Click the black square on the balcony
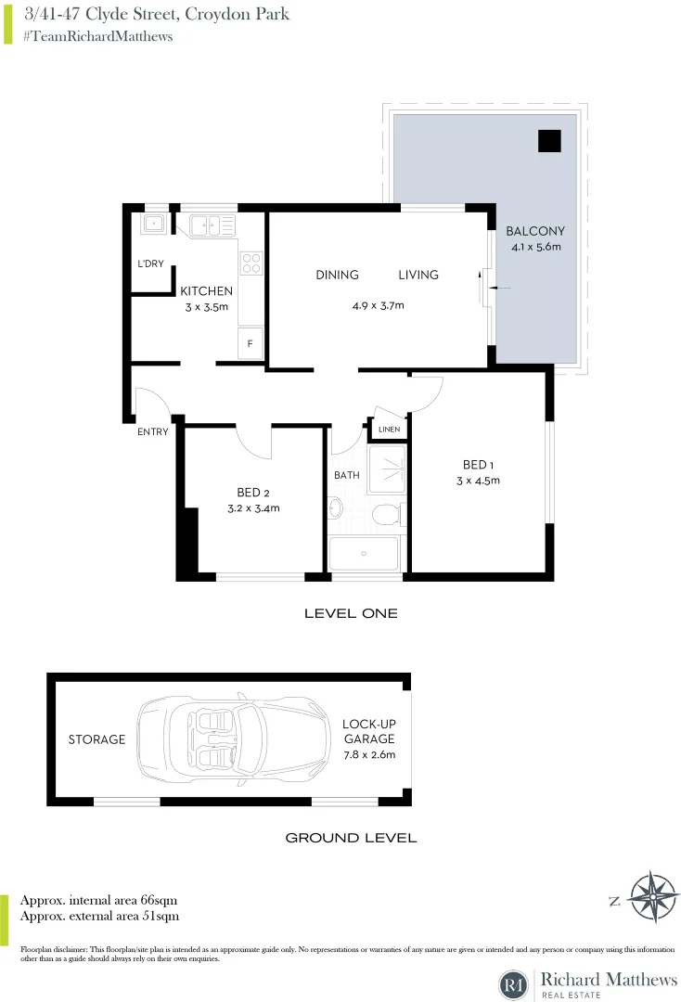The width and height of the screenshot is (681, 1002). pyautogui.click(x=550, y=140)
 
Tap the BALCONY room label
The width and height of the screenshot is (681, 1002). pyautogui.click(x=535, y=231)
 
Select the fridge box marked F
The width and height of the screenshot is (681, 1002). pyautogui.click(x=251, y=343)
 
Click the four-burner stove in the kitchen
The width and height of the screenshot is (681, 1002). pyautogui.click(x=251, y=263)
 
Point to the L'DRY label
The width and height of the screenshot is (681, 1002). pyautogui.click(x=150, y=264)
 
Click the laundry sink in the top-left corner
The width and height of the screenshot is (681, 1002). pyautogui.click(x=152, y=223)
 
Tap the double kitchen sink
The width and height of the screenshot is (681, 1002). pyautogui.click(x=212, y=224)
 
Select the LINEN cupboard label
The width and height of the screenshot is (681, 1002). pyautogui.click(x=390, y=430)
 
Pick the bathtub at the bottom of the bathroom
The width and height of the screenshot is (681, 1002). pyautogui.click(x=366, y=554)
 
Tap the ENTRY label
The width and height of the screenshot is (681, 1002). pyautogui.click(x=152, y=432)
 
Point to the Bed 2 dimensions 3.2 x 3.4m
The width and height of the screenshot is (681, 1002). pyautogui.click(x=253, y=507)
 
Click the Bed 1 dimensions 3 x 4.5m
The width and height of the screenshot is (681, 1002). pyautogui.click(x=478, y=481)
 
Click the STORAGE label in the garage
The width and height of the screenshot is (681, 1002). pyautogui.click(x=96, y=739)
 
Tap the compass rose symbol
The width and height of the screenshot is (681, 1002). pyautogui.click(x=653, y=898)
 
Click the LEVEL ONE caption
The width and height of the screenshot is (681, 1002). pyautogui.click(x=351, y=613)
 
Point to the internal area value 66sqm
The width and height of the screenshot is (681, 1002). pyautogui.click(x=159, y=900)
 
